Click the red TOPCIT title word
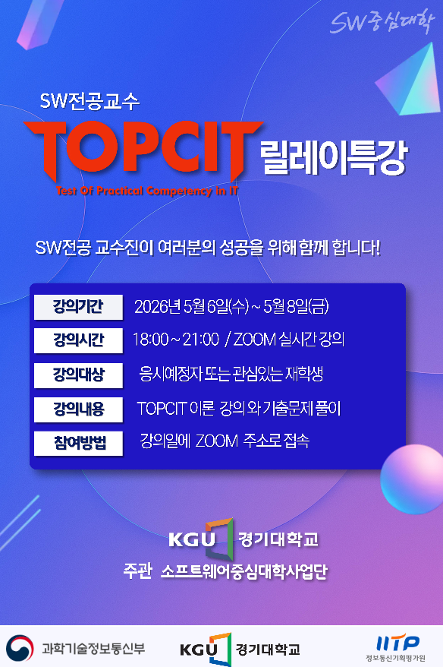click(143, 150)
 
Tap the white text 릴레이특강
click(334, 157)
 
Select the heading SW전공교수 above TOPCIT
click(90, 101)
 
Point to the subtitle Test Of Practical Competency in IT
click(147, 191)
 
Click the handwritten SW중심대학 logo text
click(382, 22)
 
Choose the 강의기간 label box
click(78, 307)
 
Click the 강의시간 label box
click(78, 340)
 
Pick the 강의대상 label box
click(78, 375)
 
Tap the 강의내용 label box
click(78, 409)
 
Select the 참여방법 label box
click(78, 443)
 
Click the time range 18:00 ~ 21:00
click(176, 340)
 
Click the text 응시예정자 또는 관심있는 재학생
click(231, 374)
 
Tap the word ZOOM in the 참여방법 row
click(217, 441)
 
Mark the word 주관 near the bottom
click(137, 571)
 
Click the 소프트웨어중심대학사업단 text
click(243, 571)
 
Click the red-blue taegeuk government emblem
click(20, 648)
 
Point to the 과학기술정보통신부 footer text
click(93, 648)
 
